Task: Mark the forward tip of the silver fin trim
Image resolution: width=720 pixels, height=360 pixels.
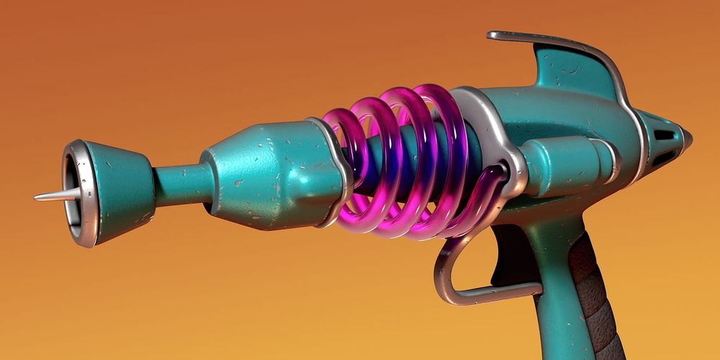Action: click(492, 35)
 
